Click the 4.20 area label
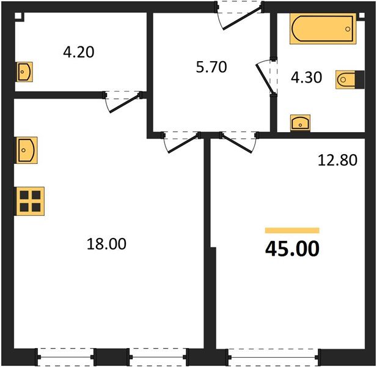pos(78,52)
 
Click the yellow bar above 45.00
pos(292,231)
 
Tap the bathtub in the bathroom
pos(322,29)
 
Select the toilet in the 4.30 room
pos(349,80)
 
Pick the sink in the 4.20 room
pos(24,72)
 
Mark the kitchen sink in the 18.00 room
pos(26,149)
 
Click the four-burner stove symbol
pos(29,201)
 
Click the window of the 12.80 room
pos(273,355)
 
